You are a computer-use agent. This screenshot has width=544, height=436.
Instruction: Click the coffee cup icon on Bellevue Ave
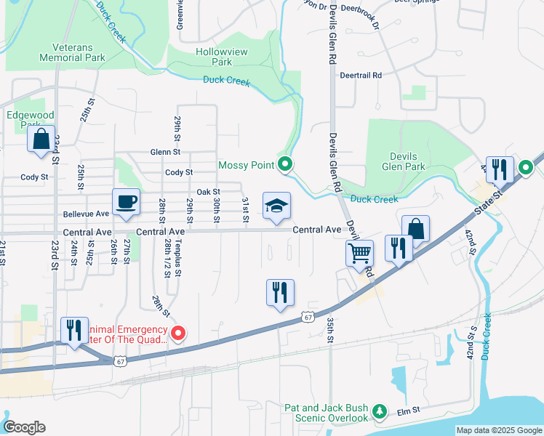(126, 202)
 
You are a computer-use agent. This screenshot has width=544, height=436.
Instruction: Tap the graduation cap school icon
(276, 206)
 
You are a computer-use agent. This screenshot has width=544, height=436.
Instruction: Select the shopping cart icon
(359, 254)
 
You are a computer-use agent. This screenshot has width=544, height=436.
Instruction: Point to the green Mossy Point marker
(285, 166)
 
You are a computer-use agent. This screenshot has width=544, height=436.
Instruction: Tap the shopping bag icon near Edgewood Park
(41, 139)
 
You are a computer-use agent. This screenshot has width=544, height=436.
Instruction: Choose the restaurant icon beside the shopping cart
(399, 248)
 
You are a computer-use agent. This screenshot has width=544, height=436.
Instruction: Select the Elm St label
(409, 411)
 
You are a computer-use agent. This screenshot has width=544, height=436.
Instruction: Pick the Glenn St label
(165, 152)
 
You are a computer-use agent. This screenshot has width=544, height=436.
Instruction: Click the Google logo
(23, 427)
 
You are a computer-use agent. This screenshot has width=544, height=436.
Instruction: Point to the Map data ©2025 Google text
(498, 430)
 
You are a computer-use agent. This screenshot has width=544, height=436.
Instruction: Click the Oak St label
(208, 192)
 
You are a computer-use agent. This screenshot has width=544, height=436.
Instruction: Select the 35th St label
(330, 329)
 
